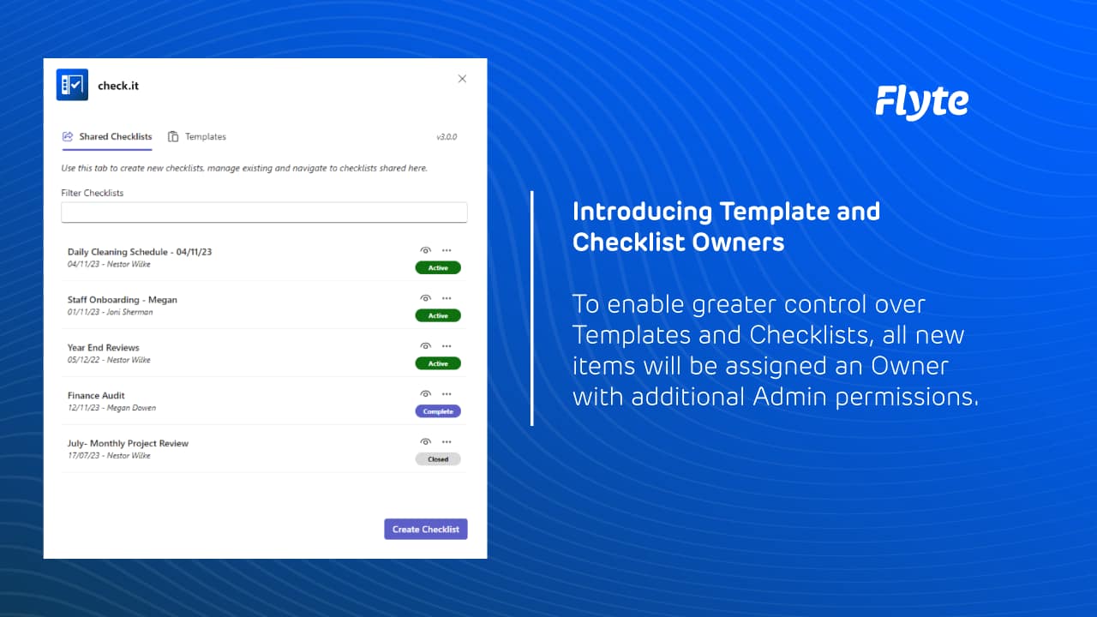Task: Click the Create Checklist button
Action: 425,530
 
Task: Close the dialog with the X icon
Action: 462,79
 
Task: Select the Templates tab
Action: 197,137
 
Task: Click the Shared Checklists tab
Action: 107,137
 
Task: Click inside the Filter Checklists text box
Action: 264,213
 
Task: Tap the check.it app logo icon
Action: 72,85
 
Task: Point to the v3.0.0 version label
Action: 447,137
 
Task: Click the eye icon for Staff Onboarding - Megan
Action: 425,298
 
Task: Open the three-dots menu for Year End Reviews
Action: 447,346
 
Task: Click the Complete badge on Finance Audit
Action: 438,411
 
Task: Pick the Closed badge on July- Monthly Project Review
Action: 438,459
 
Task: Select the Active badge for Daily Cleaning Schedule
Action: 438,267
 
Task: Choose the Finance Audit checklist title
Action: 96,396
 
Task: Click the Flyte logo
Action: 921,102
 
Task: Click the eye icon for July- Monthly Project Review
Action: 425,442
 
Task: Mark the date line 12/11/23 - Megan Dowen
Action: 111,408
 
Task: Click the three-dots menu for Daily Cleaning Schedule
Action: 447,250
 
